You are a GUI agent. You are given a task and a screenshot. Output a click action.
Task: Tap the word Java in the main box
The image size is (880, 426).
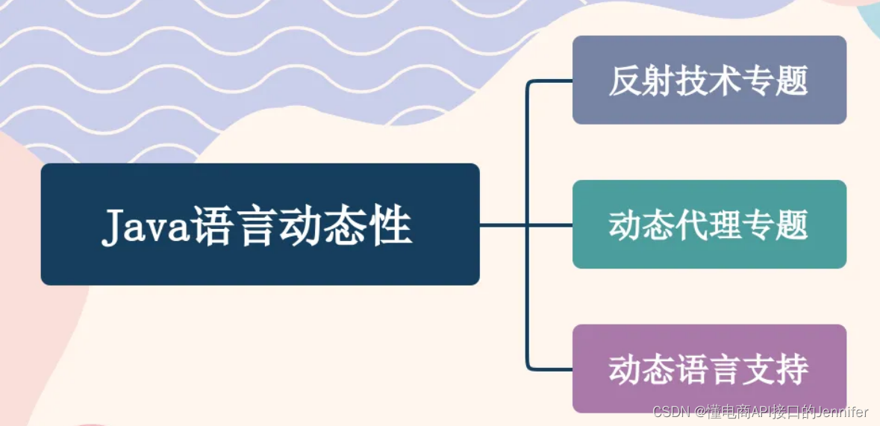[x=145, y=225]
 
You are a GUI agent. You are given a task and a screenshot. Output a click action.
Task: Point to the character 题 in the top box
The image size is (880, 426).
[x=792, y=81]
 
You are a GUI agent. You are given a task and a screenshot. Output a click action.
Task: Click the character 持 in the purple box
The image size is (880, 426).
[x=792, y=369]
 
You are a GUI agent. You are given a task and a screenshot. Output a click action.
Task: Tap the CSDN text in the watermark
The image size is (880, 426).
[x=670, y=412]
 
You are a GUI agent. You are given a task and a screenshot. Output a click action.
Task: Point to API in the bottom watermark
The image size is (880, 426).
[x=748, y=412]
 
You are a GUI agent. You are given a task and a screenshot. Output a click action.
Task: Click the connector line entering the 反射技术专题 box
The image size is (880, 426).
[x=551, y=81]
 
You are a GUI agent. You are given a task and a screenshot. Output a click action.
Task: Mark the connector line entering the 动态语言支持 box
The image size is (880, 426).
[x=551, y=369]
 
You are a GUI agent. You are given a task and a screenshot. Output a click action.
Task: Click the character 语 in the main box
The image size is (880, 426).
[x=213, y=225]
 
